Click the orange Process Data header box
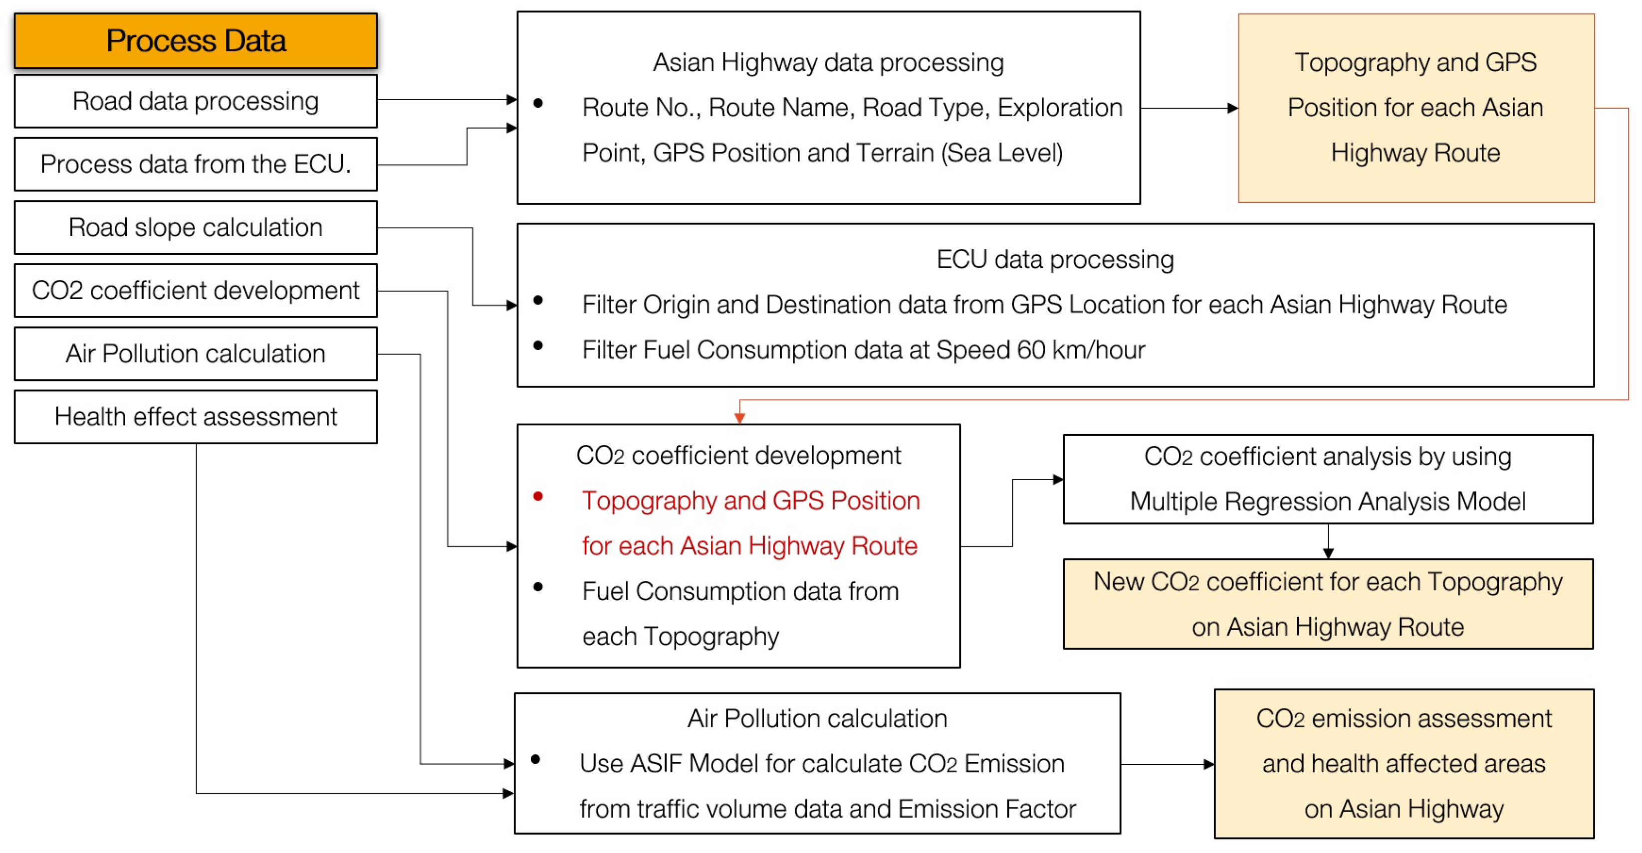(x=196, y=41)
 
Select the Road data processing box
(x=196, y=101)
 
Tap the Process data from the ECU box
(x=196, y=165)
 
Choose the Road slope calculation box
(x=196, y=227)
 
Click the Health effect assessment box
(x=196, y=417)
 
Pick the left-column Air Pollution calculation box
(x=196, y=353)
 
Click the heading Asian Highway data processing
(x=828, y=62)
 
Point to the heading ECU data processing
(x=1055, y=259)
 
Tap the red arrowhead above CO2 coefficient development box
(x=739, y=418)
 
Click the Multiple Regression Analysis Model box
(x=1328, y=479)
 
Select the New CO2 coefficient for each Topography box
(x=1328, y=604)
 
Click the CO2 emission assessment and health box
(x=1404, y=763)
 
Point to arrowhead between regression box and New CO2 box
(x=1328, y=553)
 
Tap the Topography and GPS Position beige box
(x=1415, y=108)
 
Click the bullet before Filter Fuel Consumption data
(x=538, y=346)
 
